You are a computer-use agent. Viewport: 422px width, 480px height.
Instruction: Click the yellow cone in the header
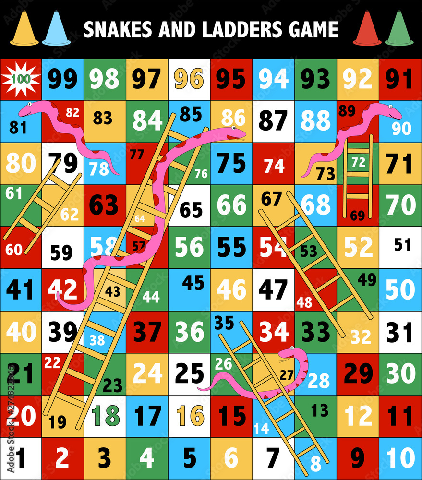point(24,29)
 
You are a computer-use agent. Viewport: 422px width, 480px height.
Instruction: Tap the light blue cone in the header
point(56,29)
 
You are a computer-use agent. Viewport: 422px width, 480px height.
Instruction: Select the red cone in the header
point(367,29)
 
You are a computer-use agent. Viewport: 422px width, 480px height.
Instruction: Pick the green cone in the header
point(398,29)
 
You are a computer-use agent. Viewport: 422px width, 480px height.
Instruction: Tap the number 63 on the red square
point(104,205)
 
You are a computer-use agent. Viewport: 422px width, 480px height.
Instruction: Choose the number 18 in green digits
point(104,416)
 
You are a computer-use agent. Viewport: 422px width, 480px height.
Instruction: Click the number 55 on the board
point(231,247)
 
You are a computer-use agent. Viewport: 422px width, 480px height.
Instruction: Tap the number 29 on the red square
point(358,373)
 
